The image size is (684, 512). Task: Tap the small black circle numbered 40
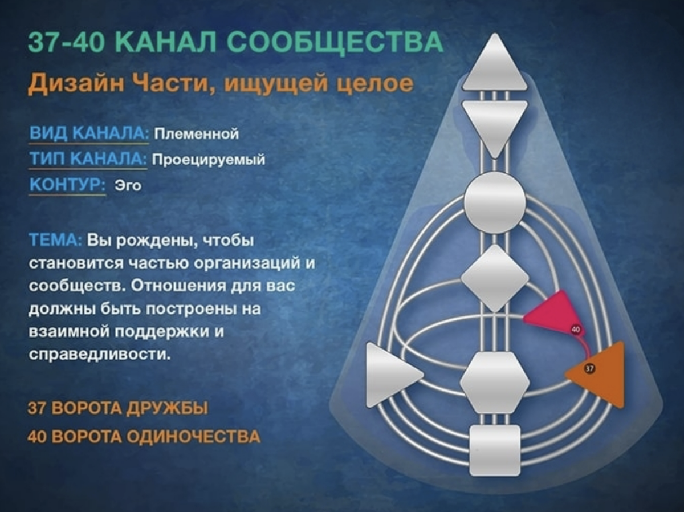coord(575,329)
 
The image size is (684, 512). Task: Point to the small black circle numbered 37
coord(589,369)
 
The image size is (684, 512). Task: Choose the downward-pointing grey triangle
coord(494,123)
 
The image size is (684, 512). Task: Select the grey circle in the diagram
coord(494,202)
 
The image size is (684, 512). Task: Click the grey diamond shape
coord(494,278)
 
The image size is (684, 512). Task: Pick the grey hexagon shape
coord(494,382)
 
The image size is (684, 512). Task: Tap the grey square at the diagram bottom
coord(494,450)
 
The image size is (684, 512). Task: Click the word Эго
coord(128,185)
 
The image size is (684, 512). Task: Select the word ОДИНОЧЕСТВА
coord(193,437)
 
